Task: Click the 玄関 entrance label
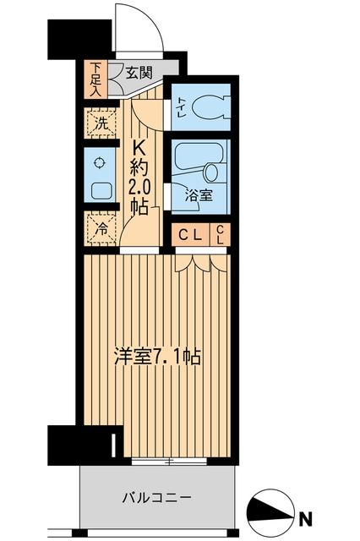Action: point(139,73)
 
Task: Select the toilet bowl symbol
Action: point(208,108)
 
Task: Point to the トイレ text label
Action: point(180,108)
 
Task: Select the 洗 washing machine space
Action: point(100,121)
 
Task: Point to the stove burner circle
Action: point(99,163)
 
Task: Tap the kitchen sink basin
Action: point(100,191)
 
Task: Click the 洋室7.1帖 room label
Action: point(157,358)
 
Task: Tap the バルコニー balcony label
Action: point(157,497)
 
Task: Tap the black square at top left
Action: point(79,37)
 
